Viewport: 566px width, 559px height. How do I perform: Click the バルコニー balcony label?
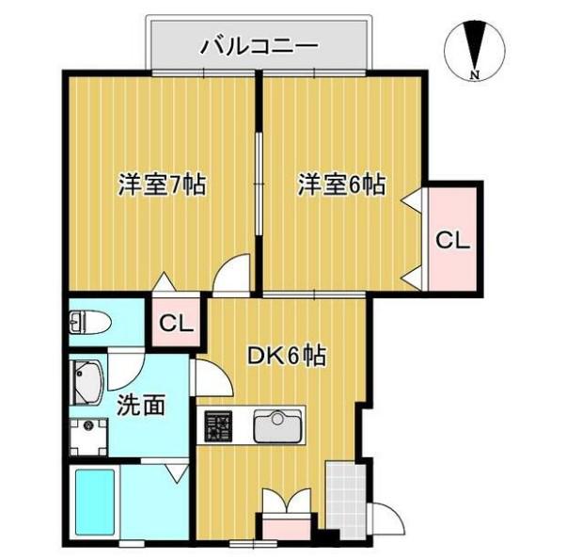tap(260, 47)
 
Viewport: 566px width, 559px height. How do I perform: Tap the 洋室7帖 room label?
tap(162, 184)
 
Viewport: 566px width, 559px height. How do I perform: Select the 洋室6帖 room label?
tap(341, 184)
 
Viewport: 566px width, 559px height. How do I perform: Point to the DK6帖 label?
tap(286, 356)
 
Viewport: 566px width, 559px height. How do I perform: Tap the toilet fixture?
tap(89, 322)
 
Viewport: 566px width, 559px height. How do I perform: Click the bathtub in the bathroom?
tap(95, 503)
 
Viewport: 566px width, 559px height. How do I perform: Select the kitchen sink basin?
tap(276, 425)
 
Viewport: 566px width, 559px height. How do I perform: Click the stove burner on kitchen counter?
tap(218, 425)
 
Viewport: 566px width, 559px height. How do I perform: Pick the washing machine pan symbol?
tap(88, 437)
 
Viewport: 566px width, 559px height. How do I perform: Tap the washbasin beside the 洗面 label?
tap(86, 383)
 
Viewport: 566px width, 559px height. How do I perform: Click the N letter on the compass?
tap(475, 75)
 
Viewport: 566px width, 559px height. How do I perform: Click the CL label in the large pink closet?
tap(452, 240)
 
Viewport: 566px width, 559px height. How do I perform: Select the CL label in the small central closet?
tap(177, 324)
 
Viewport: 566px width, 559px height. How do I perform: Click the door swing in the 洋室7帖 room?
tap(231, 273)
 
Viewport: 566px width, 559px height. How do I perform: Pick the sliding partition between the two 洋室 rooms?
tap(259, 184)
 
